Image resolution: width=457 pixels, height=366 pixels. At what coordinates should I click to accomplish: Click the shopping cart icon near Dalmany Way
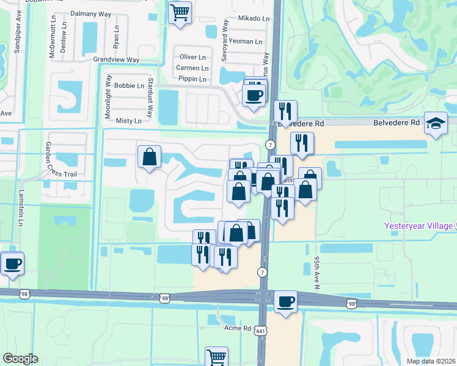(180, 12)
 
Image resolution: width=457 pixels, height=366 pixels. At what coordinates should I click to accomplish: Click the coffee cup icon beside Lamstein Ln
(12, 264)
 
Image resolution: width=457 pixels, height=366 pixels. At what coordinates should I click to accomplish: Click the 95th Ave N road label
(317, 273)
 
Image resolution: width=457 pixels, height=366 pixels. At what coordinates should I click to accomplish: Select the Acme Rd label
(238, 328)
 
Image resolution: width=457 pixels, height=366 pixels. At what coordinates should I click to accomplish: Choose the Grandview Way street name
(116, 60)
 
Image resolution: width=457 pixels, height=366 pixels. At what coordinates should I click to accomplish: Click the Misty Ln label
(128, 121)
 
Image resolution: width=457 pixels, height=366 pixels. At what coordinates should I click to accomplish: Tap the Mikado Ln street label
(253, 19)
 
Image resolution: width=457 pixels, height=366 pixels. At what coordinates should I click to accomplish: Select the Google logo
(20, 359)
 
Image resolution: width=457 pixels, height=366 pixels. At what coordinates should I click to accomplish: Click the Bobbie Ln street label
(129, 85)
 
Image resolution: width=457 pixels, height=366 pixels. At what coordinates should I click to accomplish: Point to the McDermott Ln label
(53, 41)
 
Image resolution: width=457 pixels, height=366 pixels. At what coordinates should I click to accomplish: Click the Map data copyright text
(431, 361)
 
